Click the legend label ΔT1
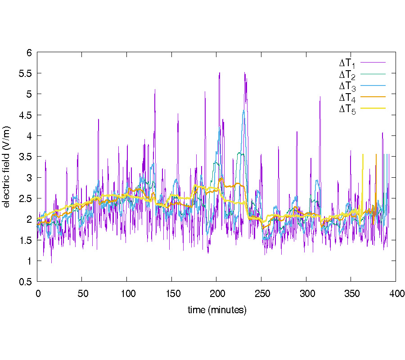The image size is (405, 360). [347, 63]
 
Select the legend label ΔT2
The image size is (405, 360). [347, 74]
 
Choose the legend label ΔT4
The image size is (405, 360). [347, 97]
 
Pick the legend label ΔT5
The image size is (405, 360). [347, 109]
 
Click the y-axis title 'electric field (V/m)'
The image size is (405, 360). [6, 167]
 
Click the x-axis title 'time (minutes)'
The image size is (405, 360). [217, 310]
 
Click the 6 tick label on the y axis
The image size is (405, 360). [29, 52]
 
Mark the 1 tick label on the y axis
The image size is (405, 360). [29, 261]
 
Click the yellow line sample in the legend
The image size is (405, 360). [373, 108]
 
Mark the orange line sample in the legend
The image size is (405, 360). [373, 96]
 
